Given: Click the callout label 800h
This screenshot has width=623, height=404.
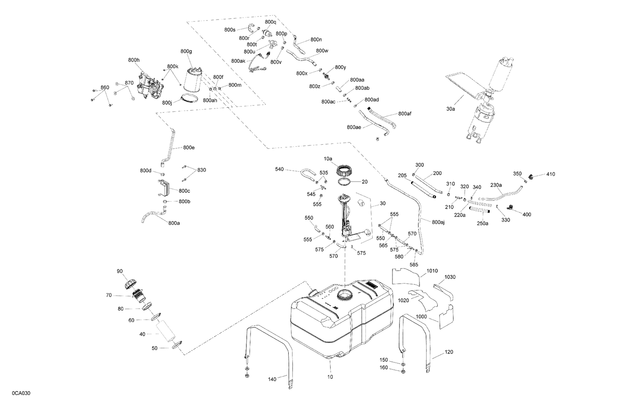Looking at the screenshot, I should (134, 60).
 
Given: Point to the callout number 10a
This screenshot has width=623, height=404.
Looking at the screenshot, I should (328, 159).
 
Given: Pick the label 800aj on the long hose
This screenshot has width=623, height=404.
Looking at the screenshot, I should (438, 222).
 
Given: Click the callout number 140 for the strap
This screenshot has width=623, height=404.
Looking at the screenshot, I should (272, 379).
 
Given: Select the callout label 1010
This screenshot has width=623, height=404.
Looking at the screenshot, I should (432, 271).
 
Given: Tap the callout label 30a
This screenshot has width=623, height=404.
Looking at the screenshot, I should (451, 109).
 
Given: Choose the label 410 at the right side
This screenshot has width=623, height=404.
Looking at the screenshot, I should (550, 174).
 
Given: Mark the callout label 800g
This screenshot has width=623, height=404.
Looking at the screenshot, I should (186, 52).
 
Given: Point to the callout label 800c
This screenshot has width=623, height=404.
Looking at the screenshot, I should (184, 191).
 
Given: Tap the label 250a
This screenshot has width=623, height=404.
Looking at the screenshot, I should (482, 223).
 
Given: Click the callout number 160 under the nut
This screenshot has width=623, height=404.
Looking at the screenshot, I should (383, 367).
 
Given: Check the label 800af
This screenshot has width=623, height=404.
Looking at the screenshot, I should (405, 113).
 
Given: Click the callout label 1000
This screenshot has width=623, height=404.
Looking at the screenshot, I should (421, 316).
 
